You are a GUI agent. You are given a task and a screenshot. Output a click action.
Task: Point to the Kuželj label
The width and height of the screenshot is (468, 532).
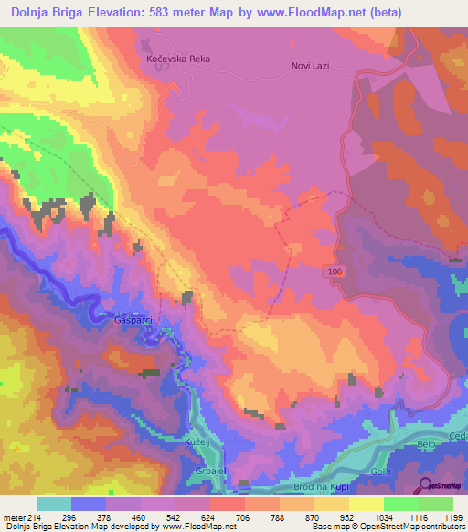[198, 442]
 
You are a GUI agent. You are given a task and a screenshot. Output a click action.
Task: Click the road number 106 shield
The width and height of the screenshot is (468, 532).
[335, 271]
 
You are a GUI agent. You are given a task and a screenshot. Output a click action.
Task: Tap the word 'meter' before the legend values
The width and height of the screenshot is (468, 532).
[13, 516]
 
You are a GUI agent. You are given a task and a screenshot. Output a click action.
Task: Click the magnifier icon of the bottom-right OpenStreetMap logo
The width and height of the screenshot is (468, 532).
[424, 484]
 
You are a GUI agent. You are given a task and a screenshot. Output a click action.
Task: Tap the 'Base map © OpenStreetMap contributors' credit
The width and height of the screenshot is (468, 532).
[388, 527]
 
